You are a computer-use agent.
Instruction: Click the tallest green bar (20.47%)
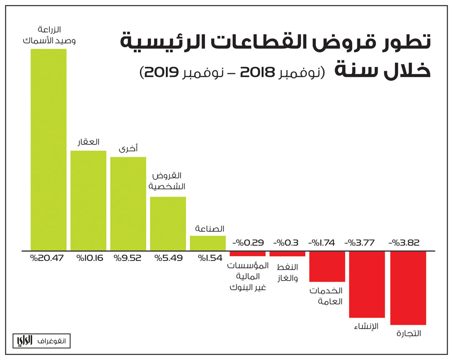(x=48, y=149)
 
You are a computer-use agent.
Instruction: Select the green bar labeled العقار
(x=88, y=200)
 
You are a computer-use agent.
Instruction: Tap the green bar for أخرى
(x=128, y=203)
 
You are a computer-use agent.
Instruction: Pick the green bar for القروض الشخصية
(x=168, y=223)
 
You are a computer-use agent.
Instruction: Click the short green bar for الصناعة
(x=207, y=243)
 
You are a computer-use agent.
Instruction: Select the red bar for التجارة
(x=408, y=288)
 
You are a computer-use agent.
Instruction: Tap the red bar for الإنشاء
(x=367, y=284)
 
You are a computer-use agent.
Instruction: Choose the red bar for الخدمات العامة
(x=327, y=266)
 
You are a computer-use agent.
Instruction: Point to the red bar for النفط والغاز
(x=287, y=254)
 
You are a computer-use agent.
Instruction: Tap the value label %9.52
(x=128, y=259)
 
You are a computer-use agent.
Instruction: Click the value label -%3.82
(x=404, y=243)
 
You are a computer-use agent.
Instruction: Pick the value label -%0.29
(x=248, y=243)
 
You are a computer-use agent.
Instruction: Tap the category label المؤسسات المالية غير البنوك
(x=248, y=276)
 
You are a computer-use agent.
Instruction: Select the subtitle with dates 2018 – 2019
(x=232, y=72)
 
